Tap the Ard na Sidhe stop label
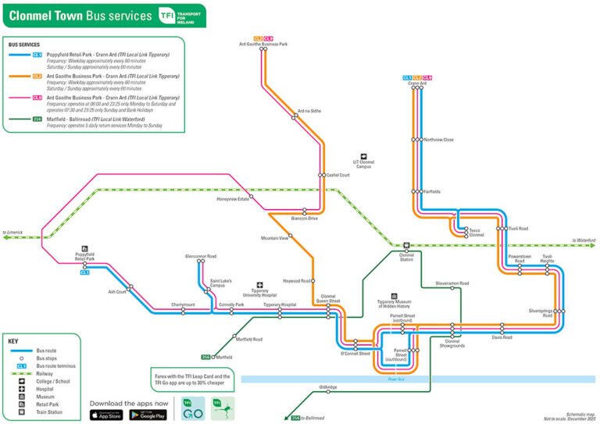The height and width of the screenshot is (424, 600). point(309,111)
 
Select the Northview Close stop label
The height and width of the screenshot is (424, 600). point(438,140)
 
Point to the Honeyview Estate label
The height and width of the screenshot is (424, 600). point(233,199)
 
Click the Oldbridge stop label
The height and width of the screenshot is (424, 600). point(328,387)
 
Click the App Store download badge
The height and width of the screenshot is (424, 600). point(106,414)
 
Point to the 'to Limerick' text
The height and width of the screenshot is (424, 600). point(13,232)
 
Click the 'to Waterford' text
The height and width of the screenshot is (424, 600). point(584,241)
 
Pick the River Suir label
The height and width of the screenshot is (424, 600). point(398,379)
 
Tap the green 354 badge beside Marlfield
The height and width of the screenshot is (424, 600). point(205,357)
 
